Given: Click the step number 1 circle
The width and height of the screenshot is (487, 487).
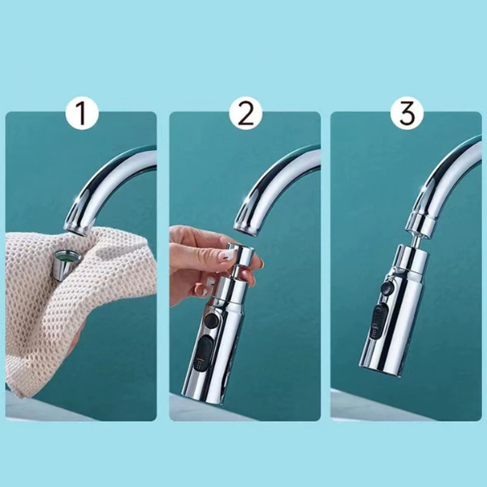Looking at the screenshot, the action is tap(82, 113).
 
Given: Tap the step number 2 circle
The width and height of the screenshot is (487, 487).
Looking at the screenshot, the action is tap(245, 113).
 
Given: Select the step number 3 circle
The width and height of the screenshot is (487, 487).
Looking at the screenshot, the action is tap(407, 113).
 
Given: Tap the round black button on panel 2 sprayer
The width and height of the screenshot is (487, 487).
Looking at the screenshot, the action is tap(212, 320).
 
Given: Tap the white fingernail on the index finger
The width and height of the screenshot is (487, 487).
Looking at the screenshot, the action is tap(228, 256).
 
